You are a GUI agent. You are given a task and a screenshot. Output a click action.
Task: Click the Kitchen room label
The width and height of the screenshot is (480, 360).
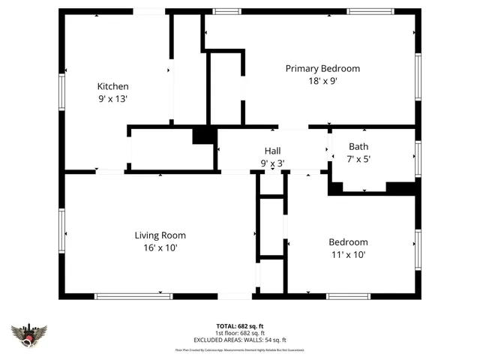(x=112, y=86)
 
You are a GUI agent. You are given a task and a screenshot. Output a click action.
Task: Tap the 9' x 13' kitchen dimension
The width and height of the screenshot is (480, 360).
(x=112, y=98)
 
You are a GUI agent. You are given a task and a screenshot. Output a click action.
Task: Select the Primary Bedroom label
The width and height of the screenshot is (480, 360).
(x=322, y=68)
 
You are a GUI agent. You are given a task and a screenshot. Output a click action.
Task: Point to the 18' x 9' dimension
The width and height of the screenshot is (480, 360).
(x=322, y=81)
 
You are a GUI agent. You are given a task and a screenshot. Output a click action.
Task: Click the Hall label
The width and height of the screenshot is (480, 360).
(x=272, y=151)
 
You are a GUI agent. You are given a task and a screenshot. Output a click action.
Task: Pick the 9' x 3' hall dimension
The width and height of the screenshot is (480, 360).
(x=272, y=163)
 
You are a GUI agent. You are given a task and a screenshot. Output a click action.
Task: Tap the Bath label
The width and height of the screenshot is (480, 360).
(x=358, y=146)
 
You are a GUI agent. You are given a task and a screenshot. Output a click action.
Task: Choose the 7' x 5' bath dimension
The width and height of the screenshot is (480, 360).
(x=358, y=158)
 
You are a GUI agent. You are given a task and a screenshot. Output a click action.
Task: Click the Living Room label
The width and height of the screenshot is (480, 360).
(x=160, y=235)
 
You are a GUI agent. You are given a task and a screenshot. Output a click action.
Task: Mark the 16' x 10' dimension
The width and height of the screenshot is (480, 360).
(x=160, y=247)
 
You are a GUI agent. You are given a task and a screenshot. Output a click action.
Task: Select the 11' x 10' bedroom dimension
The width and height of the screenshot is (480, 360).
(x=348, y=254)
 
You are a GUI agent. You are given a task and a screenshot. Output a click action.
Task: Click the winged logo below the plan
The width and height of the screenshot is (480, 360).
(x=29, y=335)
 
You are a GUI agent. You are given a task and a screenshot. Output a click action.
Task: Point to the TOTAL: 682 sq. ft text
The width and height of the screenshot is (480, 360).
(x=240, y=326)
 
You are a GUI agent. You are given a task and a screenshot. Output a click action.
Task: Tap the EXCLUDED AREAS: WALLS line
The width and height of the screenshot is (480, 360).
(x=240, y=340)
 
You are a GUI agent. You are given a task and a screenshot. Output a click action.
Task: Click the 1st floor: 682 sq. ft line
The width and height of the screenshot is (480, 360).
(x=240, y=333)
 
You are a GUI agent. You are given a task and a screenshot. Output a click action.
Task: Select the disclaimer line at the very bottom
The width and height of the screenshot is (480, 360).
(x=240, y=349)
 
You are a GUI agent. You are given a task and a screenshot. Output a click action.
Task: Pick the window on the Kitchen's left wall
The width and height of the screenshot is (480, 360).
(x=62, y=91)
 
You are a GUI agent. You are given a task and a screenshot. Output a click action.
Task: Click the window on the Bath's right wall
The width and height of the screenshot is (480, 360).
(x=418, y=157)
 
